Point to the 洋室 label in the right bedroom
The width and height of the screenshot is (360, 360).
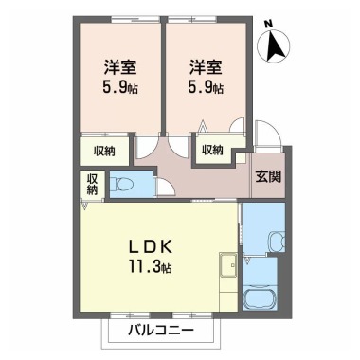tap(205, 67)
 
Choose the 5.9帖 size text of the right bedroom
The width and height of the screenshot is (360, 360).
tap(205, 88)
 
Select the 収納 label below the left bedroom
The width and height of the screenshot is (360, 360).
tap(104, 151)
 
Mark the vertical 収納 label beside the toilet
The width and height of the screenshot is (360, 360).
tap(93, 184)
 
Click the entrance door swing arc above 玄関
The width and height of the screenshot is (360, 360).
tap(268, 140)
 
